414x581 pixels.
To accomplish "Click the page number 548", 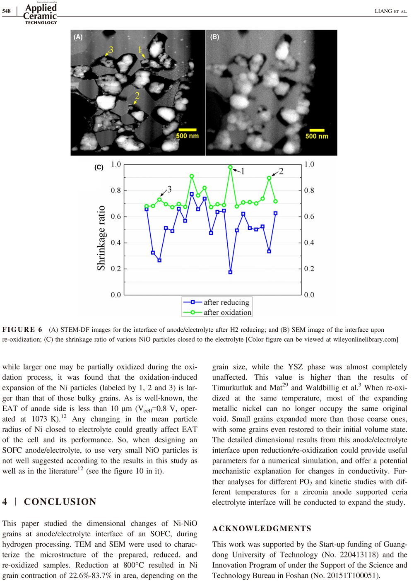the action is pos(6,11).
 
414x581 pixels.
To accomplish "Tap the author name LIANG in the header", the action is pos(383,11).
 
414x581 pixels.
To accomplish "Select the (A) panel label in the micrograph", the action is pos(78,37).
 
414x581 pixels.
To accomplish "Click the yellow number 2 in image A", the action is pos(137,96).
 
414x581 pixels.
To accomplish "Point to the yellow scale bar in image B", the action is pos(317,130).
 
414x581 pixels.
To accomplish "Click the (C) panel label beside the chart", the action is pos(99,167).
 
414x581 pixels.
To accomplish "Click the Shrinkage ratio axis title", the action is pos(101,238).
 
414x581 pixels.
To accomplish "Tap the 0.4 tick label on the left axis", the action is pos(116,243).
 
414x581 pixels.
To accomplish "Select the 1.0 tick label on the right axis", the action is pos(309,164).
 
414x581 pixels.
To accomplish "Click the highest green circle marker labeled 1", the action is pos(230,167).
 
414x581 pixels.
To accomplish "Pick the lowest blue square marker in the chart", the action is pos(230,272).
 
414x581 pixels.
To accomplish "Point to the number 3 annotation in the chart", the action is pos(169,190).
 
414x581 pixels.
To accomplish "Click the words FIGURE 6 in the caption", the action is pos(22,330).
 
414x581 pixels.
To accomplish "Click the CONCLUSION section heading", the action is pos(60,501).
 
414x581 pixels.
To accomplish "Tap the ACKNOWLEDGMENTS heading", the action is pos(262,528).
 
